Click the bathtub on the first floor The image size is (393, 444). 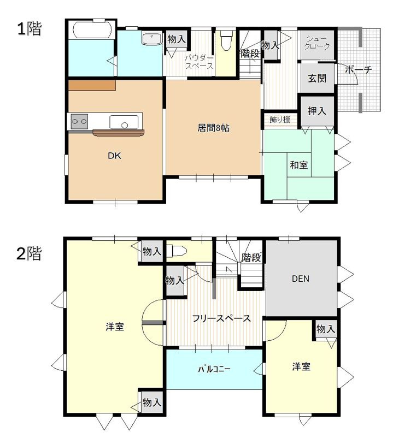point(93,29)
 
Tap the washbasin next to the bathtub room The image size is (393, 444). point(151,39)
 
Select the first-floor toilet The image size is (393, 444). point(226,40)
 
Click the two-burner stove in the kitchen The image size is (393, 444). point(79,121)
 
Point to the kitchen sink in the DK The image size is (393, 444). point(124,122)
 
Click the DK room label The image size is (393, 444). point(114,156)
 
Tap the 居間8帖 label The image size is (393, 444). point(213,128)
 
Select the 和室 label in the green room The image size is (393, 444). point(299,165)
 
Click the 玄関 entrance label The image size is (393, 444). point(318,78)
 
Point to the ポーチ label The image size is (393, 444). point(359,69)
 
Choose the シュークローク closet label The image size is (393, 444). point(317,43)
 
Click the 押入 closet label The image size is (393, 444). point(317,111)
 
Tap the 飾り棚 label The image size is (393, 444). point(280,120)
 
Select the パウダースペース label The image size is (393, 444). point(199,62)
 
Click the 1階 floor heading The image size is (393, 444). point(30,28)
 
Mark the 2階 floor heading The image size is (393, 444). point(29,253)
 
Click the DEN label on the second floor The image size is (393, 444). point(300,279)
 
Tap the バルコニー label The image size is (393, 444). point(214,369)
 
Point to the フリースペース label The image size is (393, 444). point(221,318)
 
